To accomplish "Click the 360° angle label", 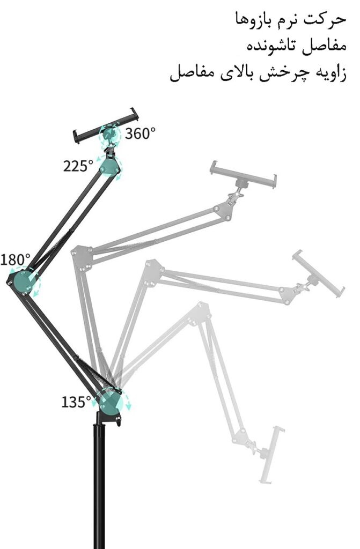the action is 140,133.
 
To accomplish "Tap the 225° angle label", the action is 78,166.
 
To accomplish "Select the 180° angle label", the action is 15,260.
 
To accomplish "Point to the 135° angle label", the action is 76,402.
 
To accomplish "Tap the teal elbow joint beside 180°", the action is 25,281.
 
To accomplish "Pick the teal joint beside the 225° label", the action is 111,167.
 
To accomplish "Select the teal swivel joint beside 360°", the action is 109,135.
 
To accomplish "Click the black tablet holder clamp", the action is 106,125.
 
